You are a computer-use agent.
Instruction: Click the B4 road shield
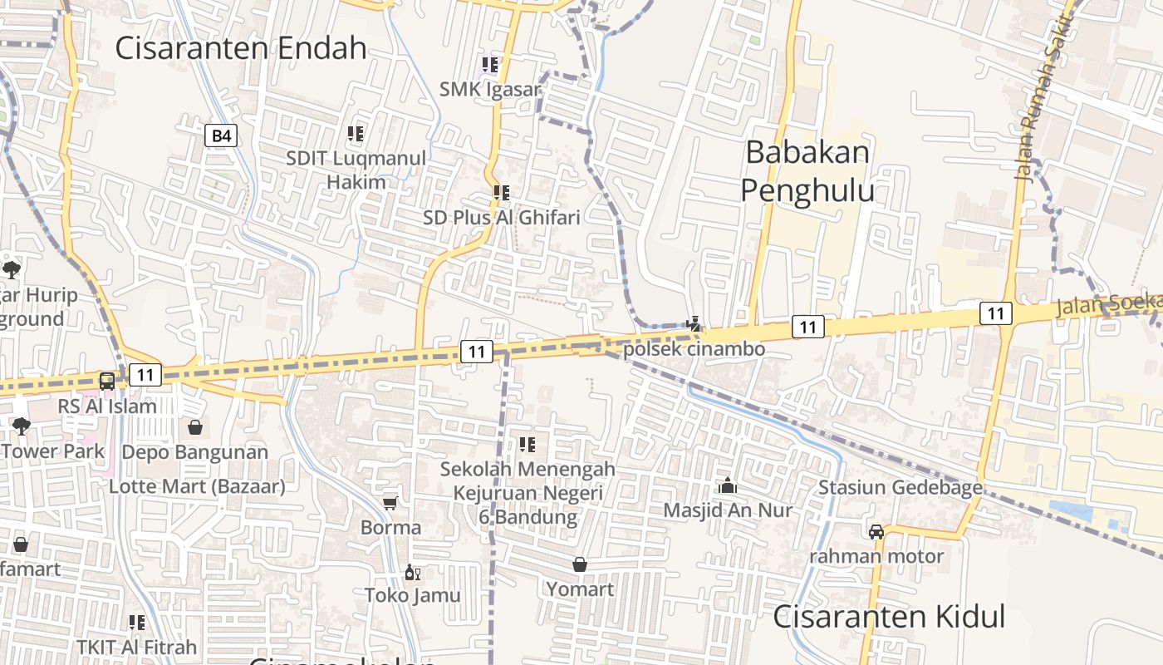(x=221, y=135)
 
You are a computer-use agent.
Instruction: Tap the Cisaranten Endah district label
(x=240, y=48)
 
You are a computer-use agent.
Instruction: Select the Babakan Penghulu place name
(x=807, y=171)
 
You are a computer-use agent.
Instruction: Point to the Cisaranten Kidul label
(x=889, y=617)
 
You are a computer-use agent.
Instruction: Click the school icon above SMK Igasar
(x=489, y=64)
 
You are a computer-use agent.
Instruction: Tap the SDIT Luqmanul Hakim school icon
(x=356, y=133)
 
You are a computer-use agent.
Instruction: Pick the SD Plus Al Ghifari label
(x=501, y=217)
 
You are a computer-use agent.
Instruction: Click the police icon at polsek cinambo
(x=694, y=323)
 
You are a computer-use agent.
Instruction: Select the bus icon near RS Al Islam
(x=107, y=382)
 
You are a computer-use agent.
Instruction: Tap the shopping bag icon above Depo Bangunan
(x=195, y=427)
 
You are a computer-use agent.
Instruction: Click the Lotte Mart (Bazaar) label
(x=197, y=486)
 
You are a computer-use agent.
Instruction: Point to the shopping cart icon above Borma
(x=390, y=503)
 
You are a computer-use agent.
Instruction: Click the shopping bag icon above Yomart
(x=580, y=565)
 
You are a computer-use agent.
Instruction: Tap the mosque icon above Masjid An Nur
(x=728, y=485)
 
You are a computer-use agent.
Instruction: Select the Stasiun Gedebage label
(x=900, y=487)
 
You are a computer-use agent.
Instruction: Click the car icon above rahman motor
(x=876, y=532)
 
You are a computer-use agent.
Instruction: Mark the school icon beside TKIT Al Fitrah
(x=137, y=623)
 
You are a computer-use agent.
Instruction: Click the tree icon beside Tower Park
(x=21, y=426)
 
